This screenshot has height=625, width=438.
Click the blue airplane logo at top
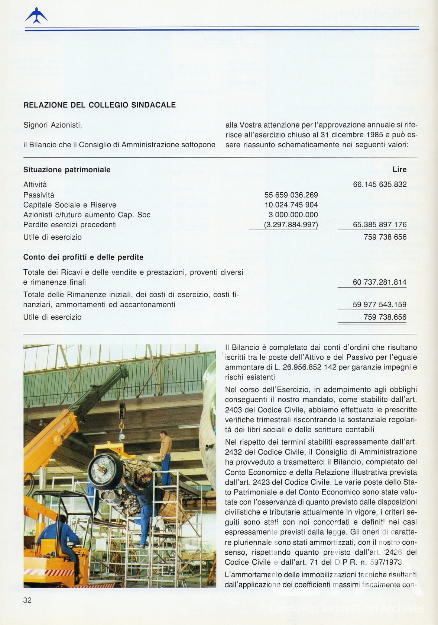tap(36, 16)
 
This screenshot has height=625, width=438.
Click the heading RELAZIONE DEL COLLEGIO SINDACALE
tap(100, 105)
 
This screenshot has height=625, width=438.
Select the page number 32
tap(27, 600)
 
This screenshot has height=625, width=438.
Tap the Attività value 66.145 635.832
tap(380, 185)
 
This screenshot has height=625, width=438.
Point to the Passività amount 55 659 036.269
tap(291, 195)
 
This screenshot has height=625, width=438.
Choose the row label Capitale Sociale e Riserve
tap(70, 205)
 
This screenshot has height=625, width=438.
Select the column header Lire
tap(399, 170)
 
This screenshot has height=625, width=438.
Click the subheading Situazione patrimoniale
tap(67, 170)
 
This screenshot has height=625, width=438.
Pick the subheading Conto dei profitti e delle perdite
tap(83, 257)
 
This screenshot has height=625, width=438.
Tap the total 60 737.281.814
tap(380, 282)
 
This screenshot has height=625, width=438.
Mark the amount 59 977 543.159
tap(380, 305)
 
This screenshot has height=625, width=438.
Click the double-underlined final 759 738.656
tap(385, 317)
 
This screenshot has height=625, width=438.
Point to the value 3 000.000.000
tap(293, 215)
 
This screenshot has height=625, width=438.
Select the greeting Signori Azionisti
tap(53, 125)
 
